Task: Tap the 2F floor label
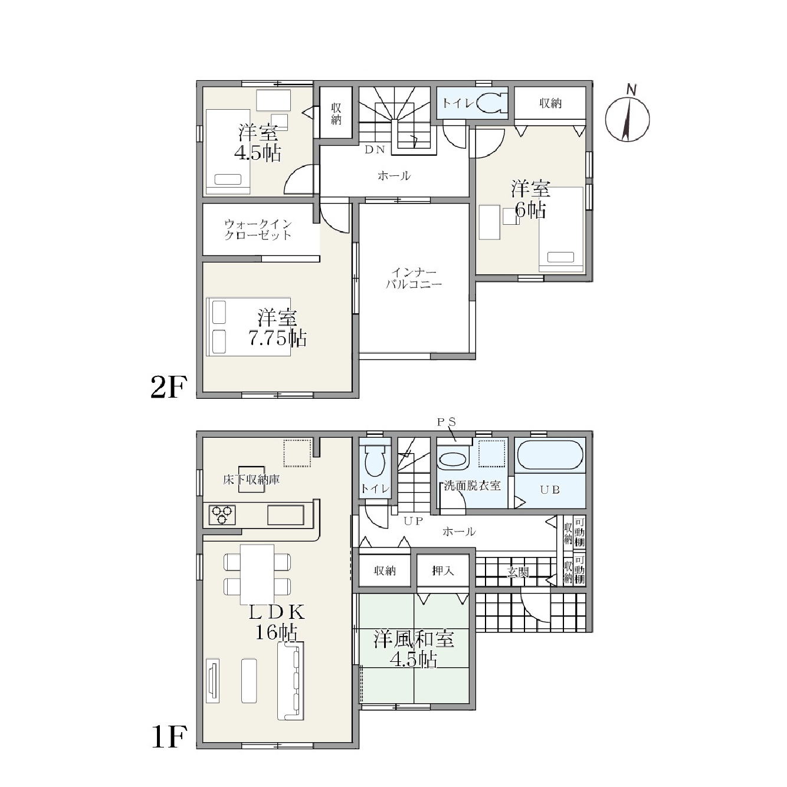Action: [169, 387]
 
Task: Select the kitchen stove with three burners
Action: [222, 514]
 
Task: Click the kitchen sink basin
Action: [286, 514]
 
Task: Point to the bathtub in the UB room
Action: [551, 455]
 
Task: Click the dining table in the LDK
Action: [257, 574]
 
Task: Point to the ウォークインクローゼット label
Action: [258, 229]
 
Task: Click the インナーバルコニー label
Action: [414, 278]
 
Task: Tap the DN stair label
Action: [375, 150]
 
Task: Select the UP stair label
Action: [414, 521]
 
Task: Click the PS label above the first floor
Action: [447, 422]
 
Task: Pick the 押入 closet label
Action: [443, 570]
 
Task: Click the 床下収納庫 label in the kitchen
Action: [251, 480]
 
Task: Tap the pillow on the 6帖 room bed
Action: [560, 257]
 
